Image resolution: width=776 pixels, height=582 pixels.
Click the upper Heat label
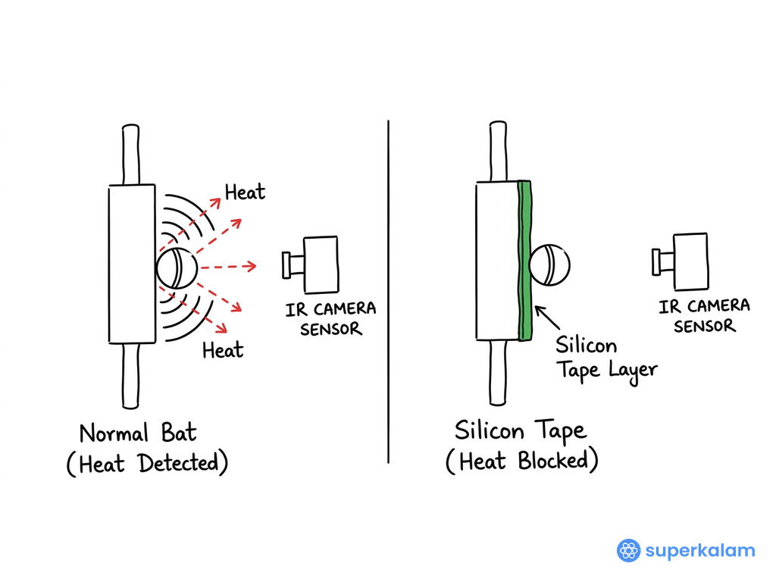click(x=245, y=192)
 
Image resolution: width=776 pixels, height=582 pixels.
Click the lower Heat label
click(x=223, y=350)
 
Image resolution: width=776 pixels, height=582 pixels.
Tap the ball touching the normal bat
click(x=177, y=268)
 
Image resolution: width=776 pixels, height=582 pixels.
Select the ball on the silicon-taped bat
click(x=549, y=264)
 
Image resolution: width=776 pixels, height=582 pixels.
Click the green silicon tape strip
click(x=524, y=261)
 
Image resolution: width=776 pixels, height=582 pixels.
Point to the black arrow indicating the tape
click(x=547, y=318)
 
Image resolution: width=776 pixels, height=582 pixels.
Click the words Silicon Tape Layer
click(x=606, y=358)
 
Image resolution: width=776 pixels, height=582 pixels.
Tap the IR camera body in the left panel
click(x=321, y=264)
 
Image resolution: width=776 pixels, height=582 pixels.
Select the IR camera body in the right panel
click(x=691, y=261)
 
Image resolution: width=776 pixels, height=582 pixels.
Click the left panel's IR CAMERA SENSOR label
click(x=330, y=319)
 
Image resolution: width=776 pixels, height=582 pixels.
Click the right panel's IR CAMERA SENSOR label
click(x=704, y=316)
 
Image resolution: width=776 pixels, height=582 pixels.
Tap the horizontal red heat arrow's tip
click(x=256, y=266)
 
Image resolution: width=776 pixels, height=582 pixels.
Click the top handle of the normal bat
click(x=130, y=155)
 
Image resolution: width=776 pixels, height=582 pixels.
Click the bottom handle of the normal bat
click(x=130, y=376)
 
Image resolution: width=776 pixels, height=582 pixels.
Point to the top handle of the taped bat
click(x=498, y=152)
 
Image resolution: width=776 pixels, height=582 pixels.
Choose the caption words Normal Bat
click(x=138, y=433)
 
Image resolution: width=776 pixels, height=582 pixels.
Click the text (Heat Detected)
click(x=148, y=464)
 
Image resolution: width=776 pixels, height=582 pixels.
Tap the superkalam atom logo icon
click(x=628, y=550)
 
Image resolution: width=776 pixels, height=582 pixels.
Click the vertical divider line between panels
click(x=389, y=292)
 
